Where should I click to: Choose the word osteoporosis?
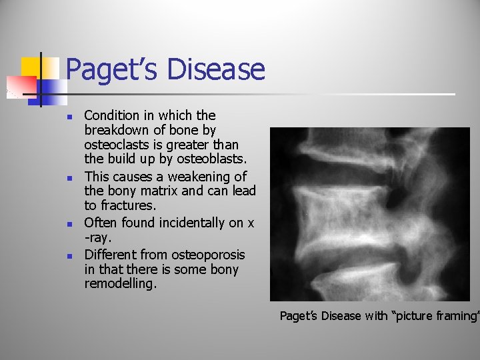tap(208, 255)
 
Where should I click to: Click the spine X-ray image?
tap(369, 214)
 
